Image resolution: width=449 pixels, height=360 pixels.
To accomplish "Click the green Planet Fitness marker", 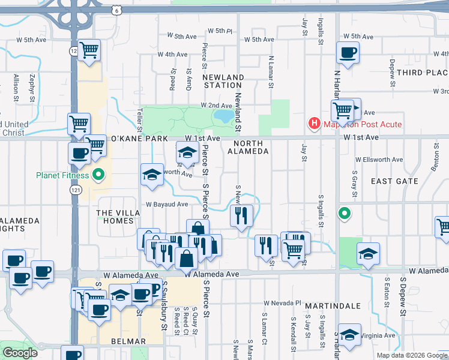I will tap(100, 176).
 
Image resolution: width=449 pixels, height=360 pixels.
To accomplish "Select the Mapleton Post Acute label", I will tap(362, 125).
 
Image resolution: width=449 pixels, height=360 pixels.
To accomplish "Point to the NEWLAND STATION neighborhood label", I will tap(223, 82).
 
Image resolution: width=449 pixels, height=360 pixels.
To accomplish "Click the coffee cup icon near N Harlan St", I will tap(348, 53).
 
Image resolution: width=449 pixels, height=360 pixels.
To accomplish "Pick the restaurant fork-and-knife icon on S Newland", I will tap(241, 215).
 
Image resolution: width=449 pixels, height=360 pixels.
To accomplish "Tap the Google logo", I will tap(20, 353).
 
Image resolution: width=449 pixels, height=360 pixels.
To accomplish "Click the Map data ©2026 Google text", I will tap(412, 355).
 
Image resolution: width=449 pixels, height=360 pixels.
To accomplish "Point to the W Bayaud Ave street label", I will tap(167, 204).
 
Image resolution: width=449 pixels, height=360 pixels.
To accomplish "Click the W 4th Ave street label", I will tap(172, 54).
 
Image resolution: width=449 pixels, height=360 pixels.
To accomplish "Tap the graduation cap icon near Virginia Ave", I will tap(349, 335).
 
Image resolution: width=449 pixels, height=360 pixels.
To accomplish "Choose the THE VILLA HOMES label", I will tap(115, 217).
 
